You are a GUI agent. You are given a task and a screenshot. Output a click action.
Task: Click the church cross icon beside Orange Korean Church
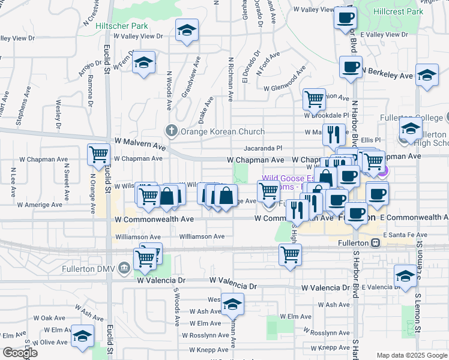pos(171,131)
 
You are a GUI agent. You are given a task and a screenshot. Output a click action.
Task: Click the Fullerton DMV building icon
pos(124,267)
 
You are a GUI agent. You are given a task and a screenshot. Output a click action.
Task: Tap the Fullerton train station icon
pos(376,243)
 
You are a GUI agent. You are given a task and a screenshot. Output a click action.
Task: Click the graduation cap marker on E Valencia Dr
pos(405,277)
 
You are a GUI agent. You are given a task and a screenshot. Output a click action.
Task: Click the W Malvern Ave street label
pos(142,145)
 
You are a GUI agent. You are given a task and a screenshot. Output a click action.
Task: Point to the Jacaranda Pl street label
pos(262,148)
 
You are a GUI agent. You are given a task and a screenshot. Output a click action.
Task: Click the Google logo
pos(20,353)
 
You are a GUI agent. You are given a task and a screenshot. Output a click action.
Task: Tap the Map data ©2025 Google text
pos(411,355)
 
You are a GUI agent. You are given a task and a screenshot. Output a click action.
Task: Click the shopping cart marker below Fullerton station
pos(290,254)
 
